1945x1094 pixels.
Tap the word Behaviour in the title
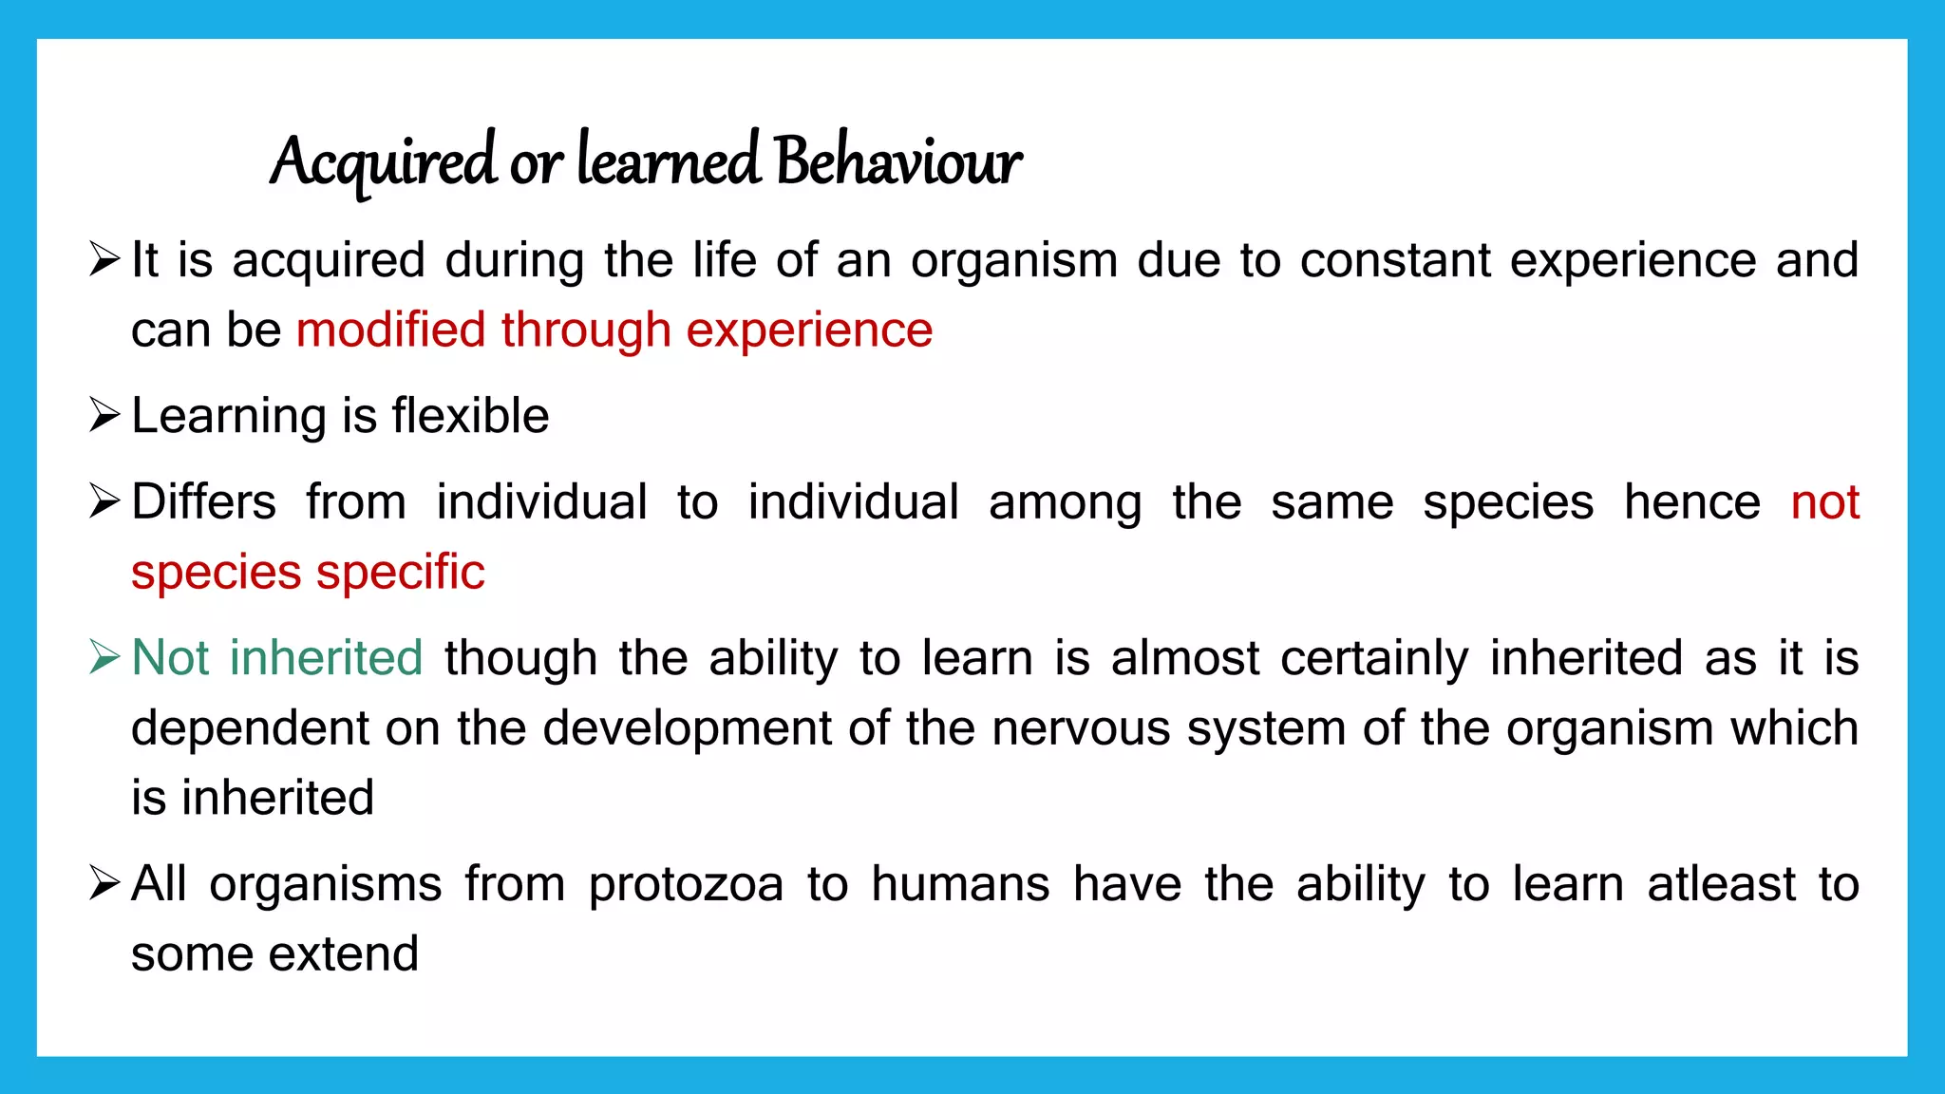point(897,161)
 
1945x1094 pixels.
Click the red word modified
point(390,330)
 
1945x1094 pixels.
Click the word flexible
point(470,416)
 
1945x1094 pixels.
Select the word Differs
point(203,501)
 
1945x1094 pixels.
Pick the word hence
point(1691,501)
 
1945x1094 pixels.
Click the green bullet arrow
point(104,657)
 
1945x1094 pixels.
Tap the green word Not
point(171,657)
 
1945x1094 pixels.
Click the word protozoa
point(686,885)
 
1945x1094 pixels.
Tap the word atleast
point(1721,885)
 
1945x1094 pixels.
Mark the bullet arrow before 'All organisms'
point(104,883)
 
